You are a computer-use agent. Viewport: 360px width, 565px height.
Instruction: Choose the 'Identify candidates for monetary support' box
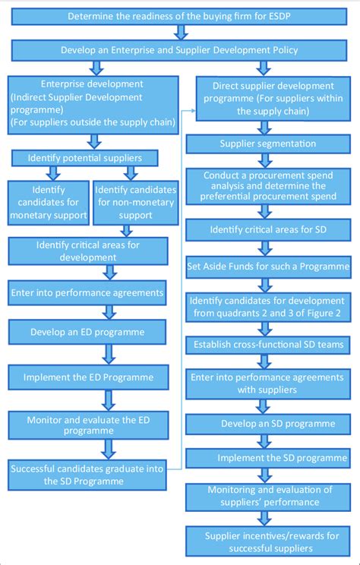click(x=48, y=203)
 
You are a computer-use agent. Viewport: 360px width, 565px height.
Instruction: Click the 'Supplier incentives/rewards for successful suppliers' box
click(x=270, y=541)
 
